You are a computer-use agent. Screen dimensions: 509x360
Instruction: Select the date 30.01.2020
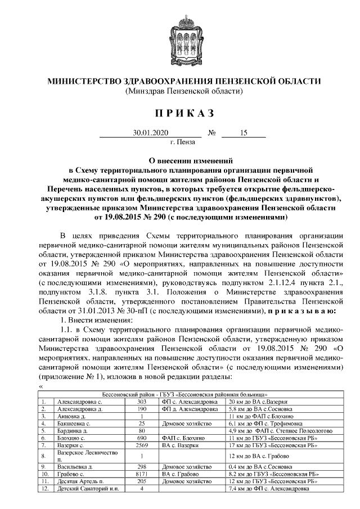[147, 133]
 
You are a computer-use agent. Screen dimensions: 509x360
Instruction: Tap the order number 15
[244, 133]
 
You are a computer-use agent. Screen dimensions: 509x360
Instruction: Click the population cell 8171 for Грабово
[142, 474]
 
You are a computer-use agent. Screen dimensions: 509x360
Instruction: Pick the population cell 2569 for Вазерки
[142, 445]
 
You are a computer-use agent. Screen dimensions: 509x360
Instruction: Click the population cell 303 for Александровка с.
[142, 402]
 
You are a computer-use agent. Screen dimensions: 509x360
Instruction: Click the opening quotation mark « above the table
[41, 387]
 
